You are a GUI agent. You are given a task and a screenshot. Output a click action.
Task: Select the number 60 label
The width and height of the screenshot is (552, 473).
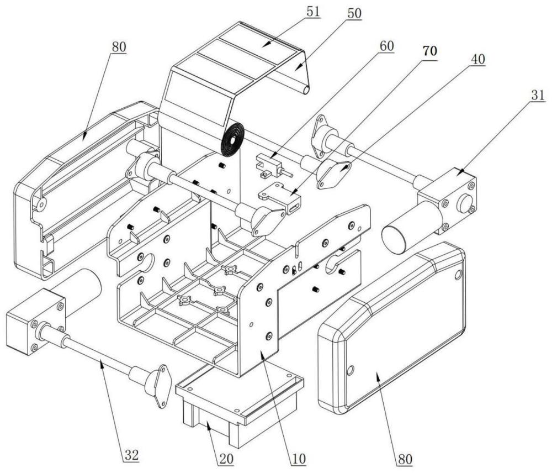[386, 45]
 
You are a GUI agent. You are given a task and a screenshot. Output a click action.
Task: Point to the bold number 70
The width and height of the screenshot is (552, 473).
[429, 51]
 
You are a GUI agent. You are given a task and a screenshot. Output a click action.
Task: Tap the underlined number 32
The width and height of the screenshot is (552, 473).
[131, 455]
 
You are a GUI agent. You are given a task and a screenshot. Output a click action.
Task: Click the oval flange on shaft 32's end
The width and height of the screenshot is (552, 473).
[156, 385]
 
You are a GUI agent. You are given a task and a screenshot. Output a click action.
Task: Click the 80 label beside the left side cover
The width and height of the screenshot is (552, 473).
[117, 46]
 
